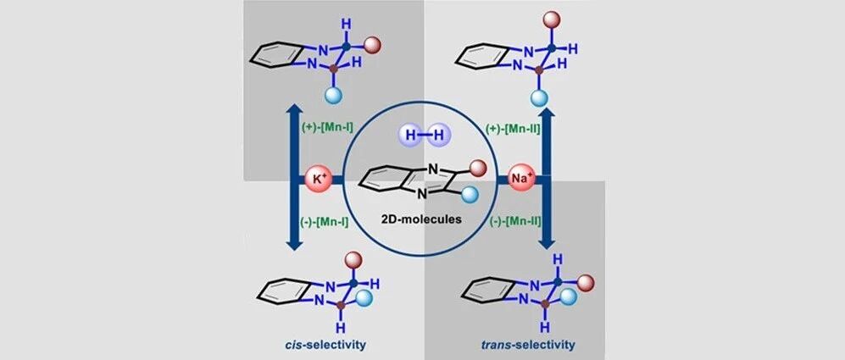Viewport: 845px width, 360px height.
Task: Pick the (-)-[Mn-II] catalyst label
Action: [x=514, y=220]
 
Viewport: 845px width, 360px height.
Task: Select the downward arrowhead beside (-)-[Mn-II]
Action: [x=547, y=241]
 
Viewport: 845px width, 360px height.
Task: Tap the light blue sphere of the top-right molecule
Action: [x=539, y=97]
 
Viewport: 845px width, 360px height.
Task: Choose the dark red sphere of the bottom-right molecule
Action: [x=586, y=282]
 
